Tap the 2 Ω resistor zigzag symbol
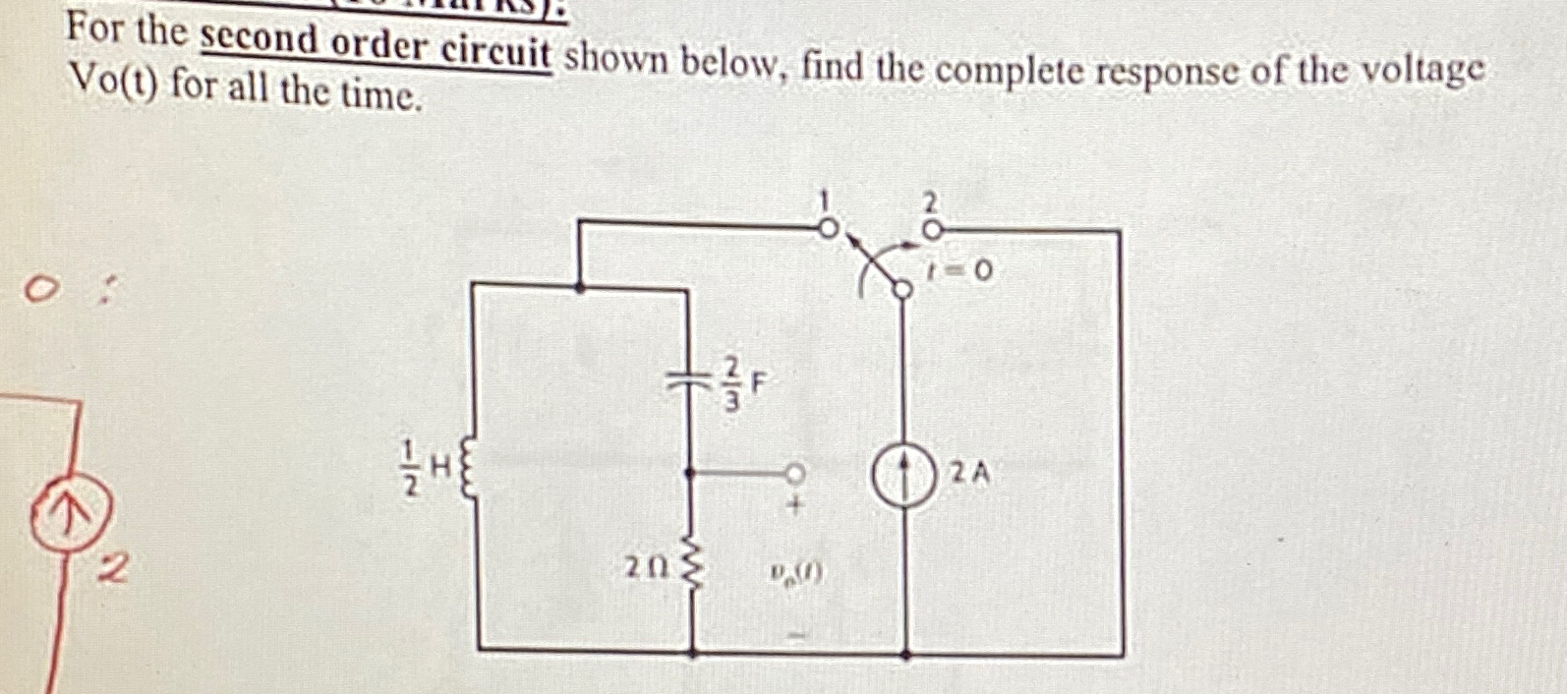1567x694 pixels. [x=694, y=567]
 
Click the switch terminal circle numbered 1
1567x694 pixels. [x=829, y=228]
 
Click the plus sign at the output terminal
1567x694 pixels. [x=796, y=508]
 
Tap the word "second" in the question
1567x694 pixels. [x=260, y=41]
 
